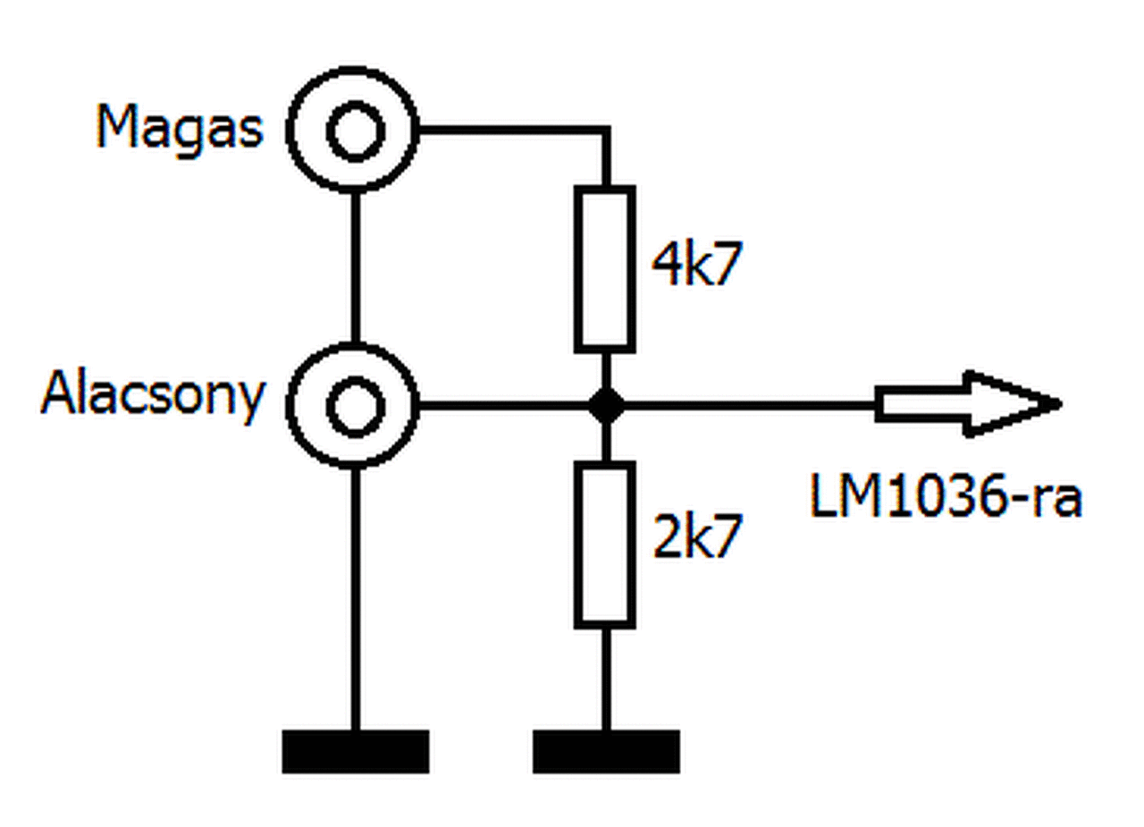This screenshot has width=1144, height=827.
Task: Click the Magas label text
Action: coord(180,129)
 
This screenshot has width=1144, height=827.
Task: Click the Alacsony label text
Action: coord(153,396)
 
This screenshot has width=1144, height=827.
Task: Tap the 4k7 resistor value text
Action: coord(696,265)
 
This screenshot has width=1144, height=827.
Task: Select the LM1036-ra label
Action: coord(946,497)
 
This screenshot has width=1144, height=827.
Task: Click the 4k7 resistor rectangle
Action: coord(605,268)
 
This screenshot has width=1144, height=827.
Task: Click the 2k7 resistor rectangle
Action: coord(605,544)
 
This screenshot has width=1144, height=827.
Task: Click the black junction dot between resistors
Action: coord(606,406)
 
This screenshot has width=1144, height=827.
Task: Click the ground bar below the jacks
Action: coord(355,751)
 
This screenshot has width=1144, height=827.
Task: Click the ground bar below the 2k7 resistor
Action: coord(606,751)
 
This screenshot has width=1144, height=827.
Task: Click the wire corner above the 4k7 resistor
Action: coord(606,131)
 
